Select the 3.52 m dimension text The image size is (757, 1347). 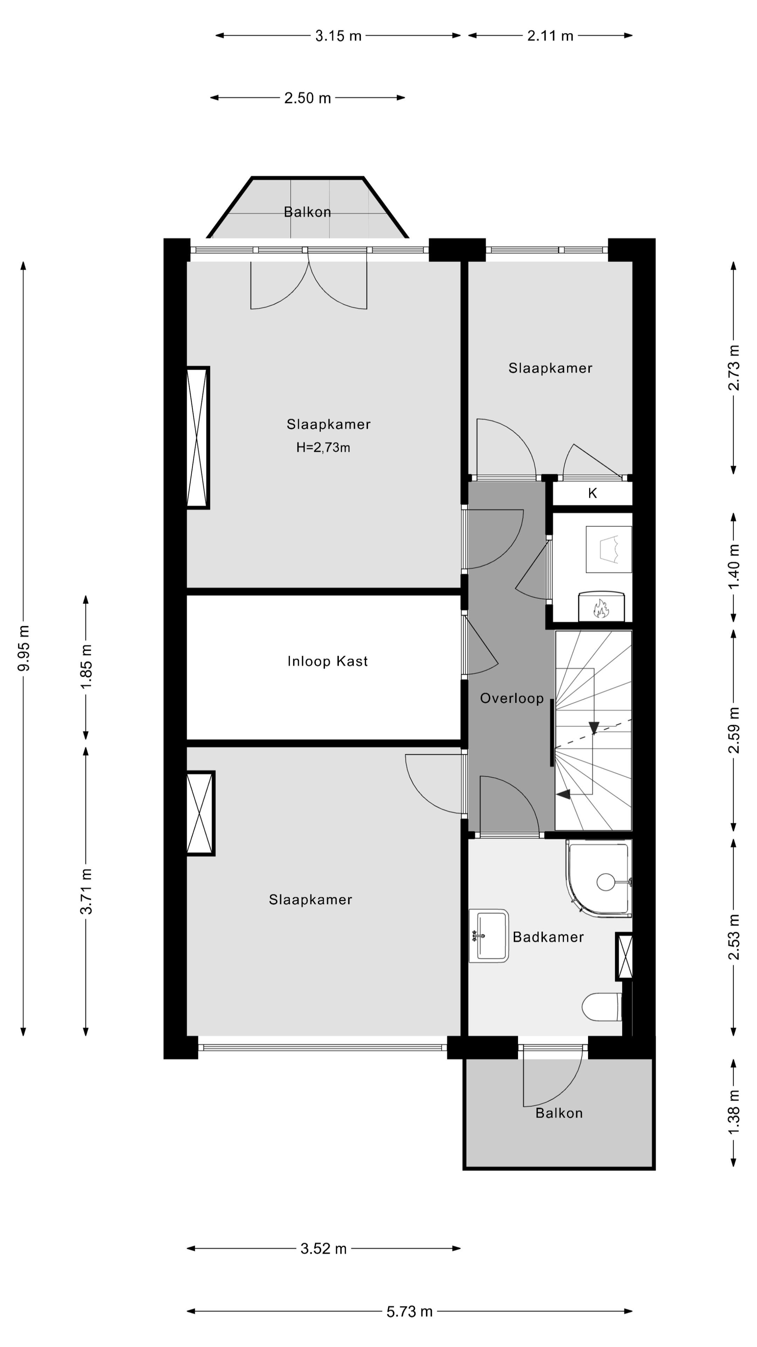(x=323, y=1249)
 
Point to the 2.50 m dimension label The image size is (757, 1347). (x=307, y=98)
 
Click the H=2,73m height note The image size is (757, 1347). (x=323, y=448)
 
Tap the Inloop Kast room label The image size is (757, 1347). (x=328, y=662)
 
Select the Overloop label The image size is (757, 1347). (x=511, y=699)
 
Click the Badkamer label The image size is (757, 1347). (x=548, y=937)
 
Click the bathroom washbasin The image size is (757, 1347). (x=489, y=936)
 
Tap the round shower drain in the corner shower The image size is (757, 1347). (x=606, y=882)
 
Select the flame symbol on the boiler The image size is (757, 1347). (x=601, y=609)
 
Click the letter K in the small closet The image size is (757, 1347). (x=592, y=494)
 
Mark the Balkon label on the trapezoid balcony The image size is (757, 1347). (x=307, y=212)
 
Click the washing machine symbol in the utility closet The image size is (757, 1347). (x=609, y=549)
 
